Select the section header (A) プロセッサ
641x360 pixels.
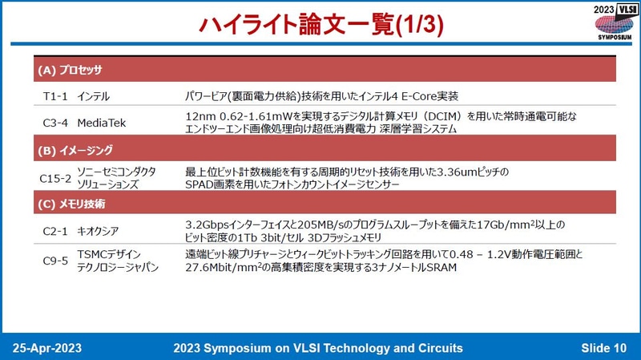click(70, 70)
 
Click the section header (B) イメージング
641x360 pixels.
click(75, 150)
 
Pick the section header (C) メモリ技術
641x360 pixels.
click(72, 204)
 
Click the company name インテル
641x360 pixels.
click(94, 96)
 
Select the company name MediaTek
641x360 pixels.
click(102, 123)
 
